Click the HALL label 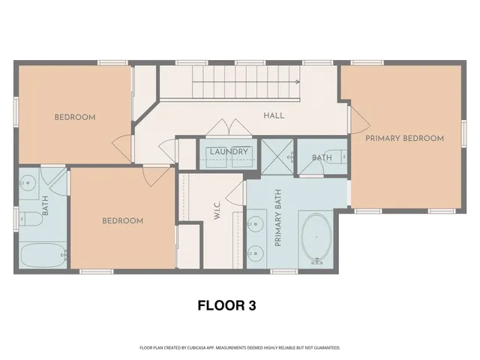273,116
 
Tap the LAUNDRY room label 229,152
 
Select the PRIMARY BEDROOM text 404,138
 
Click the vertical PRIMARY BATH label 277,219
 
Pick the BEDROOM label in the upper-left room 75,117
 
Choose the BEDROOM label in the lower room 122,220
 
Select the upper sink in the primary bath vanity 257,223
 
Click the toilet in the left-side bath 29,219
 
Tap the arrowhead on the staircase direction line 298,82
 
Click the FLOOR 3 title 226,305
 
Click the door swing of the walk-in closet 238,193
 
